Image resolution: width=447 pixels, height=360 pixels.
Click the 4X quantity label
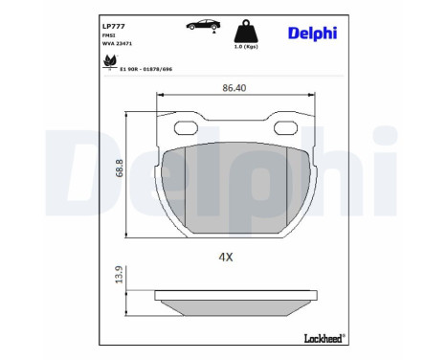[226, 257]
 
